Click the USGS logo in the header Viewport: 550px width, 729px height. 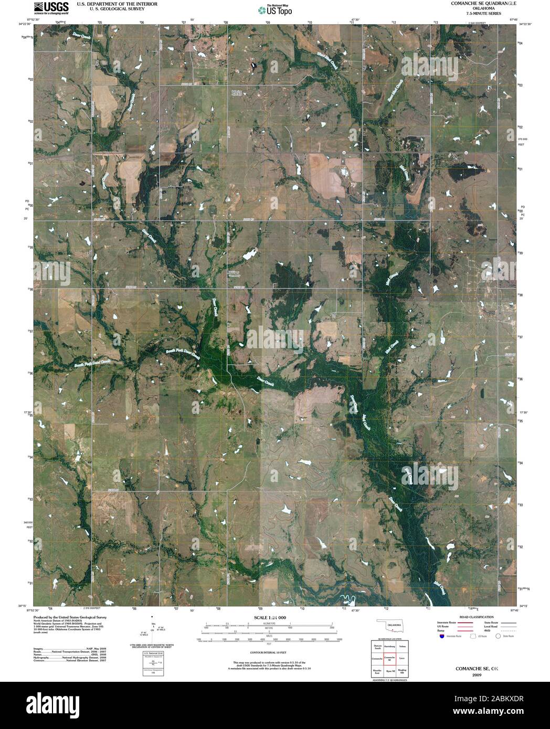click(51, 7)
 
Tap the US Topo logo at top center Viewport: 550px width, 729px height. click(275, 9)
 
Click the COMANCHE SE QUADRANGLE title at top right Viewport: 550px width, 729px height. click(476, 3)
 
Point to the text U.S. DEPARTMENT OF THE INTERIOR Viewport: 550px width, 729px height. click(111, 3)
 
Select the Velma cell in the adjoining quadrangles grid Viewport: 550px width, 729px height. click(402, 647)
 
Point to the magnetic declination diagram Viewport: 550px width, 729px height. click(152, 627)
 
